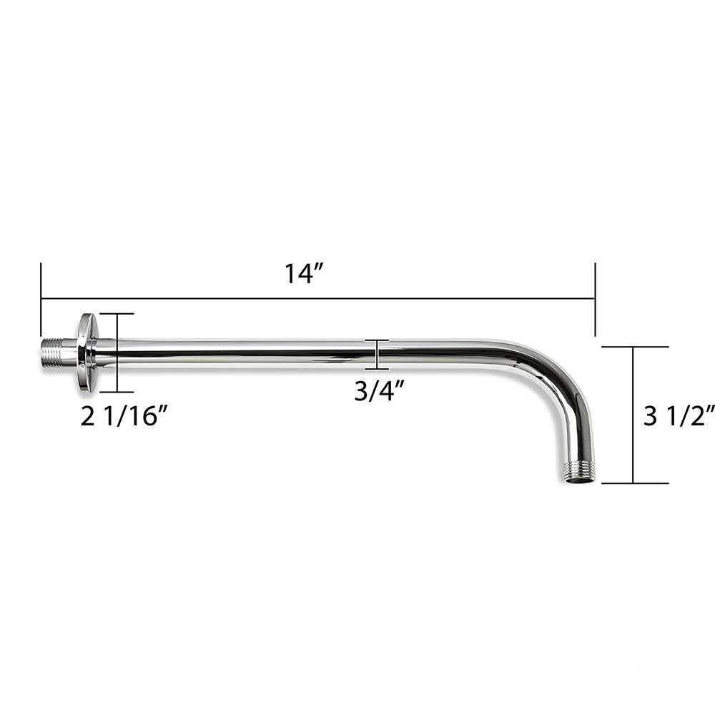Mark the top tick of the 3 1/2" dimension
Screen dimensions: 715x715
[634, 347]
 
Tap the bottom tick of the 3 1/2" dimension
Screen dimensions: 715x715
[634, 483]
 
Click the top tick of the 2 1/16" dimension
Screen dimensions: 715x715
[115, 314]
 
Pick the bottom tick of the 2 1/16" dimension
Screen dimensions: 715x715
[115, 392]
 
